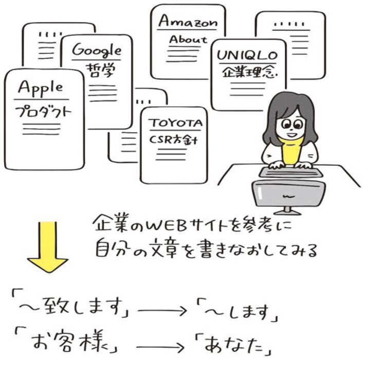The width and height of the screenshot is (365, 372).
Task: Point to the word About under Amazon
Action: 188,39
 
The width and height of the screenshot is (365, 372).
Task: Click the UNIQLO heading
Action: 247,55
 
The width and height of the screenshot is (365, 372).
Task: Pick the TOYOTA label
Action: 176,123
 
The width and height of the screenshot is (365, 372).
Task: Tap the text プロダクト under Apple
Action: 42,112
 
